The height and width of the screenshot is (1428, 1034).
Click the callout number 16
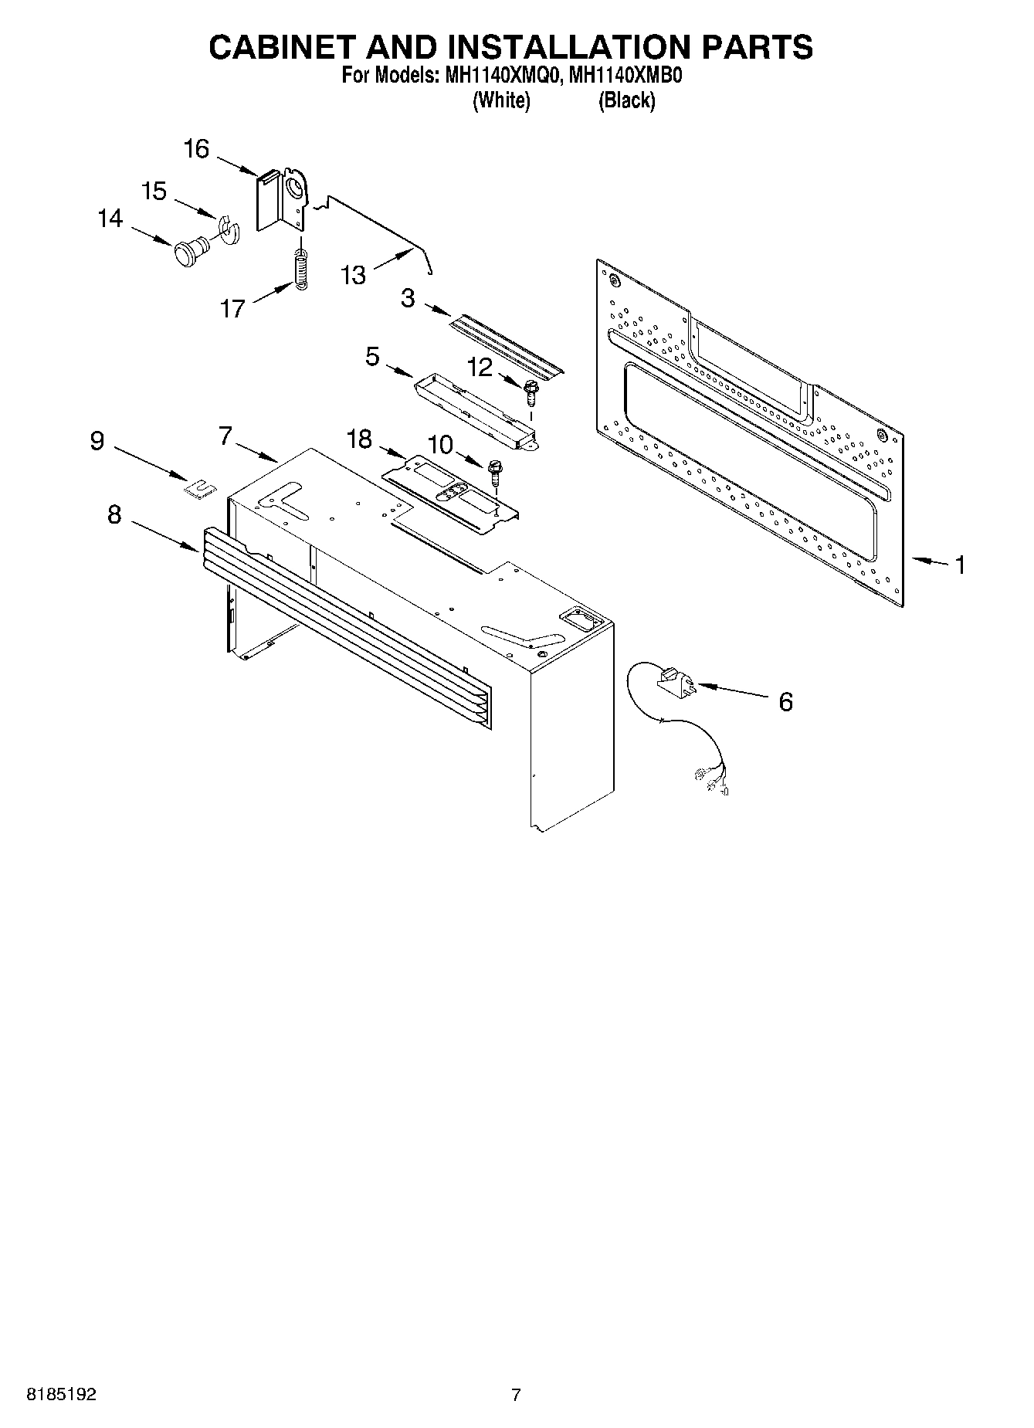tap(197, 148)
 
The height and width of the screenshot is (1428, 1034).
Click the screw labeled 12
tap(531, 392)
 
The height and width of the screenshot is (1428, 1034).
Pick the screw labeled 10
tap(496, 473)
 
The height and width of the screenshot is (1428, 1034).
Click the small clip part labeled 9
tap(200, 488)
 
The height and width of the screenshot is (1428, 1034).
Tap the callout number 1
tap(960, 565)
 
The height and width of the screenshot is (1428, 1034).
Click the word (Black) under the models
tap(626, 100)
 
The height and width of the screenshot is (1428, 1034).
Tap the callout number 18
tap(359, 439)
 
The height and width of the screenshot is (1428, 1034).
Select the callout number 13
tap(353, 275)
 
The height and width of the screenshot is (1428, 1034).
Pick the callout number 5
tap(373, 357)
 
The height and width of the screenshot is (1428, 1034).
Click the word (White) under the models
tap(501, 100)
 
